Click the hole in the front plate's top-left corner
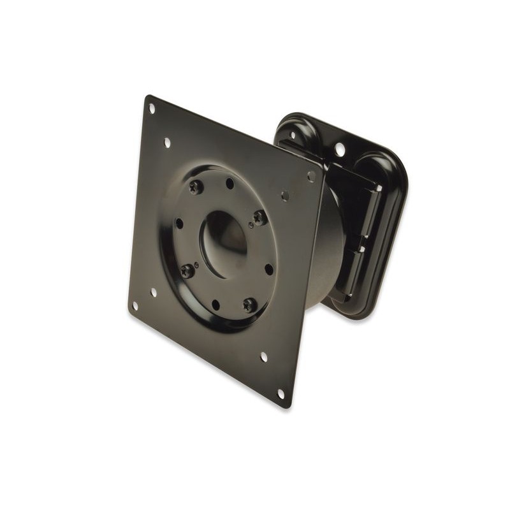[152, 108]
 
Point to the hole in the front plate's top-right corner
[311, 176]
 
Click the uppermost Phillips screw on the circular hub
[196, 187]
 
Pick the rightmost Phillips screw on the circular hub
[259, 217]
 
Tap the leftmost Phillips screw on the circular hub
[187, 271]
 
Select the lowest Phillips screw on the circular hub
[249, 305]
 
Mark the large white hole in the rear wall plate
[340, 150]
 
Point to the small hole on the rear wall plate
[293, 136]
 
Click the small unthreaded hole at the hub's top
[229, 184]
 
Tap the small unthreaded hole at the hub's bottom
[215, 305]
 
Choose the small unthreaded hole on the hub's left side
[179, 224]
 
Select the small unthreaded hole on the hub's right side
[268, 269]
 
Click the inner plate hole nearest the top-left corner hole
[167, 143]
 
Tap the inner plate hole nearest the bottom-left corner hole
[154, 293]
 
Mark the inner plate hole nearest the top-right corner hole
[285, 196]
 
